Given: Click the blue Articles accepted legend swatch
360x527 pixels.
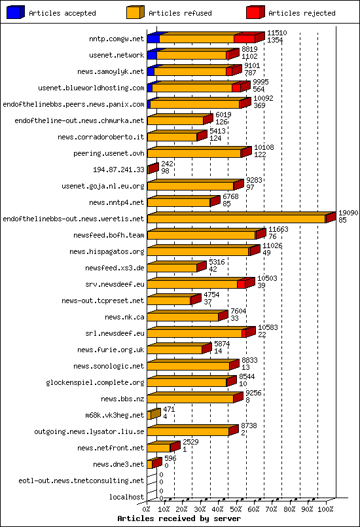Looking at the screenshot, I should [16, 12].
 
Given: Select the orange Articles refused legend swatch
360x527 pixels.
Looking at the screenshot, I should [135, 12].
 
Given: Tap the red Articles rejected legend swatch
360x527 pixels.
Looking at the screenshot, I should [255, 12].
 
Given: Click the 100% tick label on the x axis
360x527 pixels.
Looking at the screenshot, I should [326, 507].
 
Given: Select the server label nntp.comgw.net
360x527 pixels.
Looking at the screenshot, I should [117, 39].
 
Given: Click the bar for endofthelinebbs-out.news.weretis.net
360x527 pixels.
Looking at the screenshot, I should [237, 219].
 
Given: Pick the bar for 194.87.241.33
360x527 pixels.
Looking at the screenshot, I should [152, 169].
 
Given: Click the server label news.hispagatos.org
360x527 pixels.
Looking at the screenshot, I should [107, 251].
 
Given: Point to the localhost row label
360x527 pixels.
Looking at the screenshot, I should [127, 497].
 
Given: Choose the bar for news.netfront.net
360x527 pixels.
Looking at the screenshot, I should [159, 448].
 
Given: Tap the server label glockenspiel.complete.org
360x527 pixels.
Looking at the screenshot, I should [95, 382].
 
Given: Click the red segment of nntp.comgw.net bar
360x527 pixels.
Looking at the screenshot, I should [245, 39].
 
